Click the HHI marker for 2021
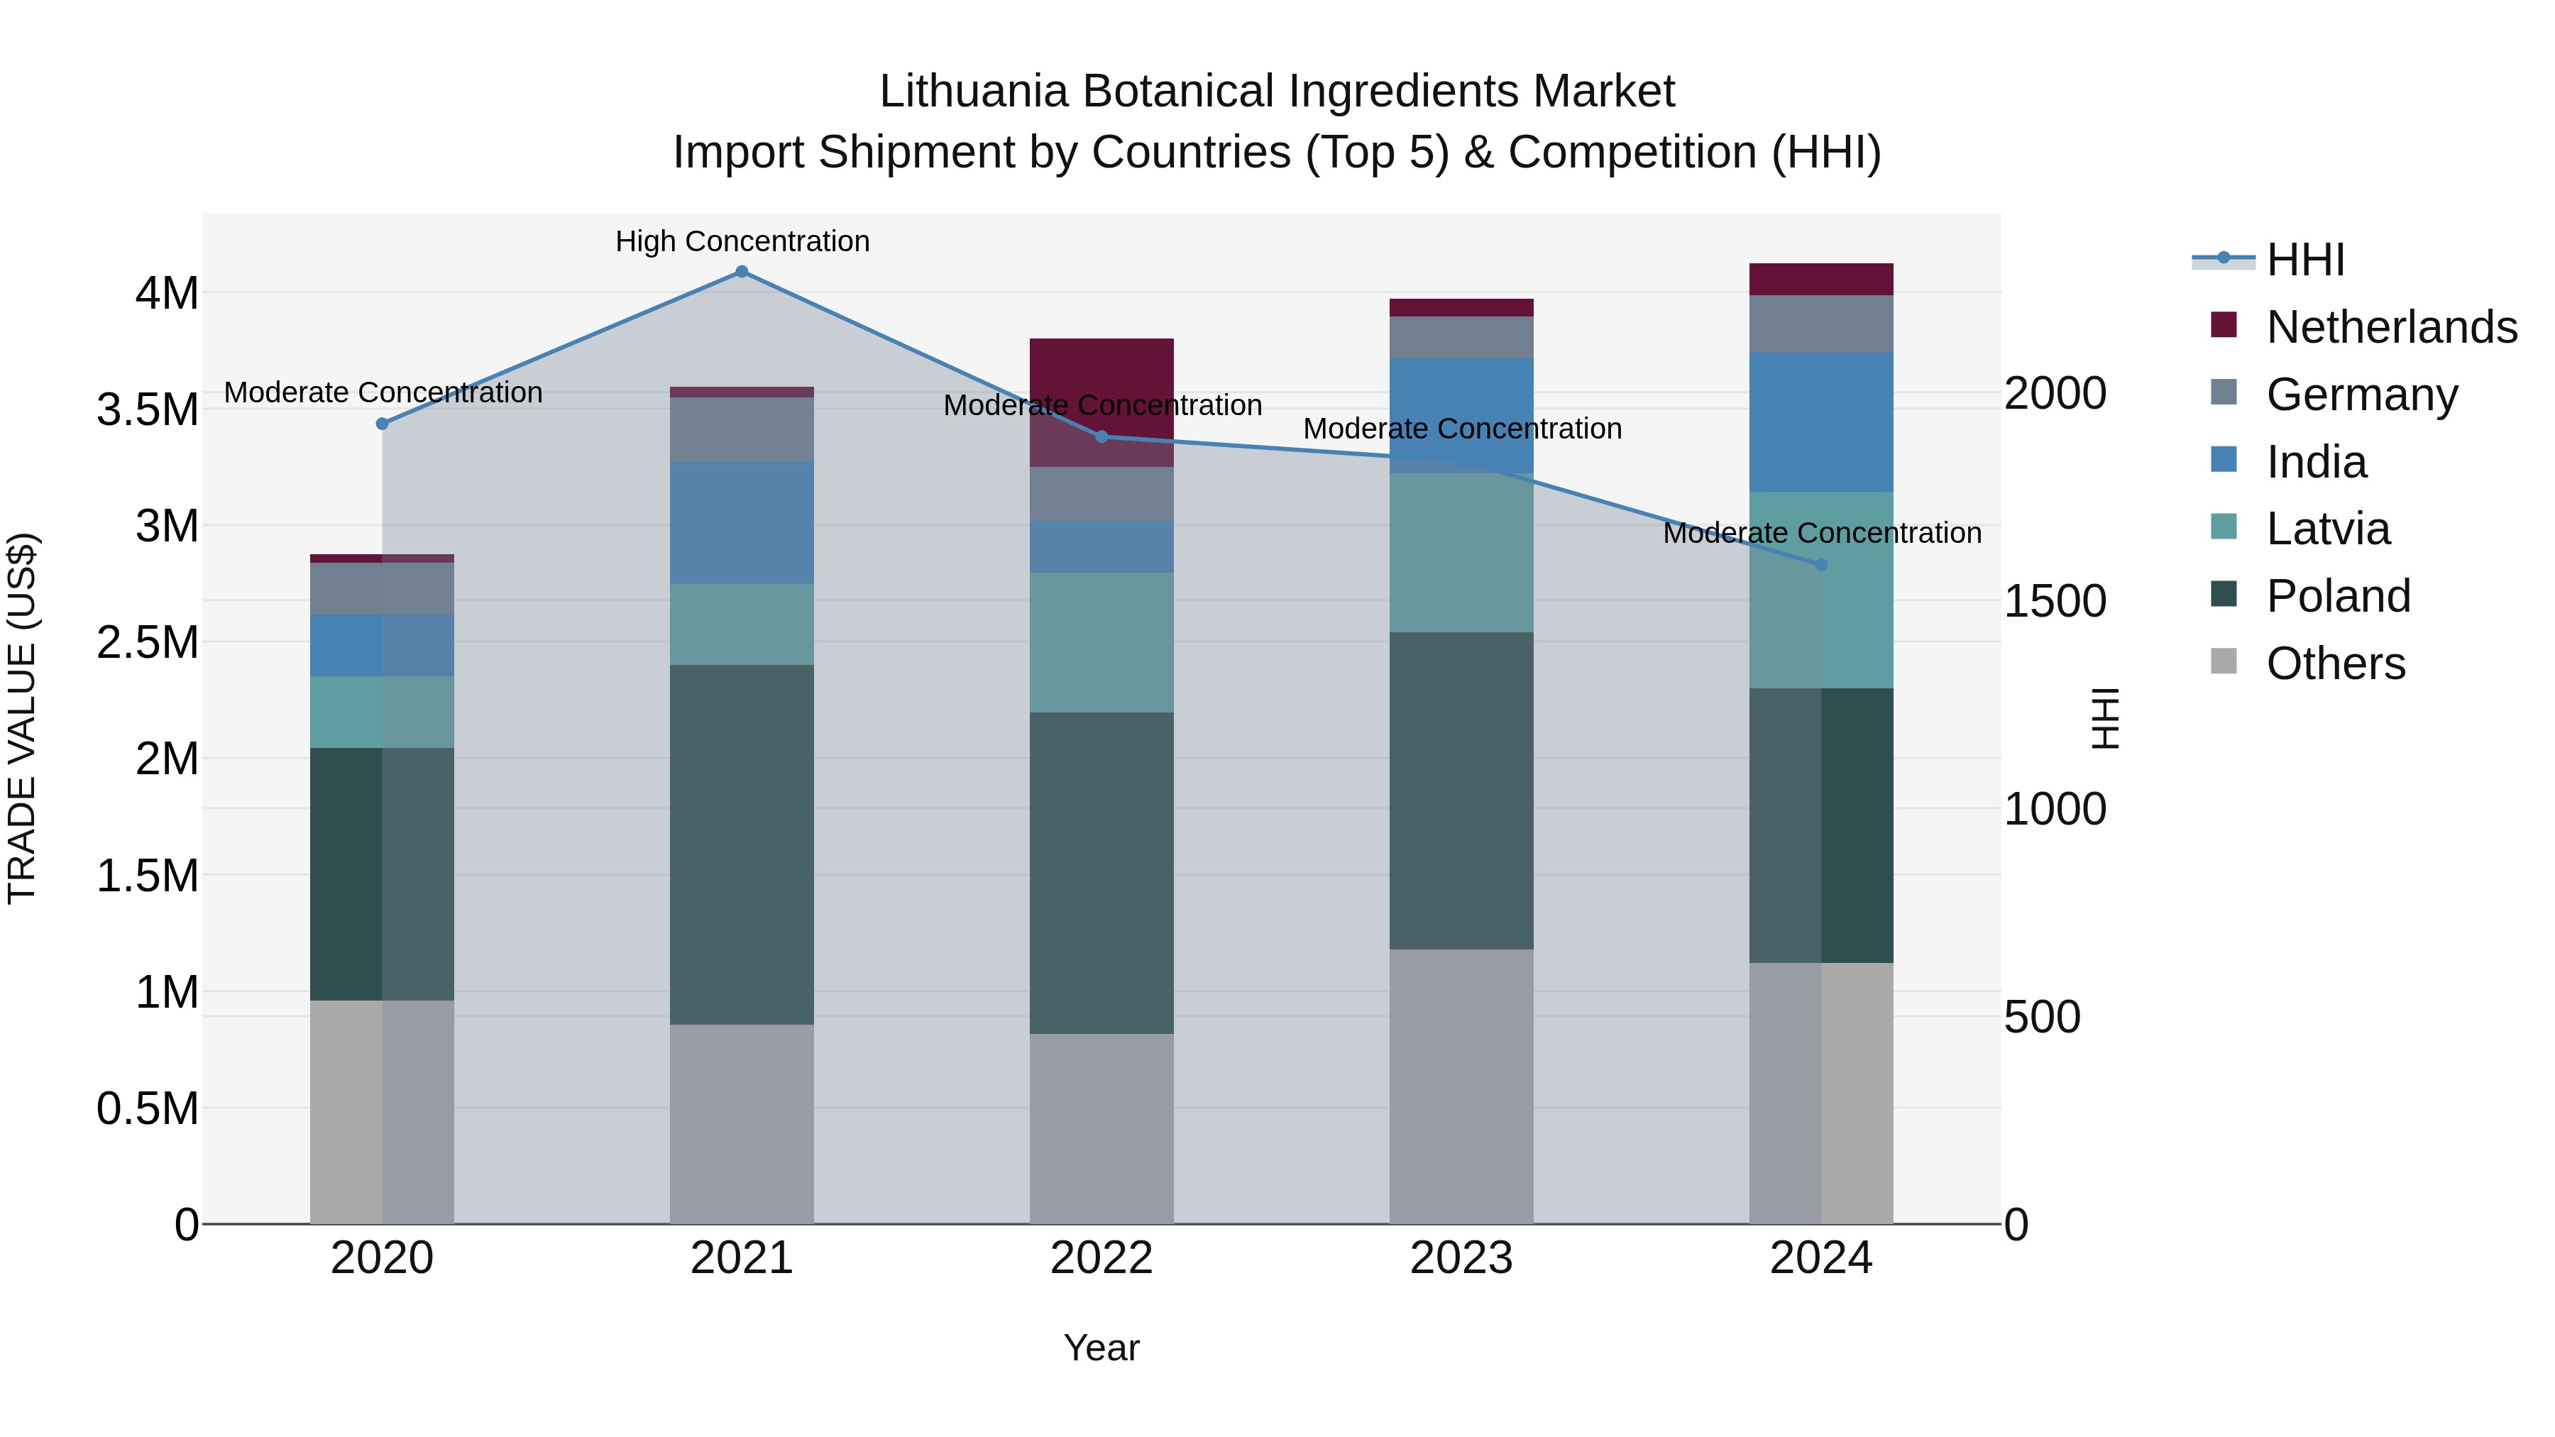[741, 272]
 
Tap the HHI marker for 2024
[1821, 566]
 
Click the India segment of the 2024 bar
[1821, 422]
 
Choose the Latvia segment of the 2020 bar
[382, 712]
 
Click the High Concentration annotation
[742, 241]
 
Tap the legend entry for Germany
[2361, 395]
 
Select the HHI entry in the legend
[2305, 260]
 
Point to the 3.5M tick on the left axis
[148, 409]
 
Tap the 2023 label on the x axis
[1461, 1258]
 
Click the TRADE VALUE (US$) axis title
[22, 718]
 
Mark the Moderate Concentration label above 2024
[1821, 532]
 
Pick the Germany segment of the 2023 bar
[1461, 337]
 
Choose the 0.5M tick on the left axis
[148, 1108]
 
